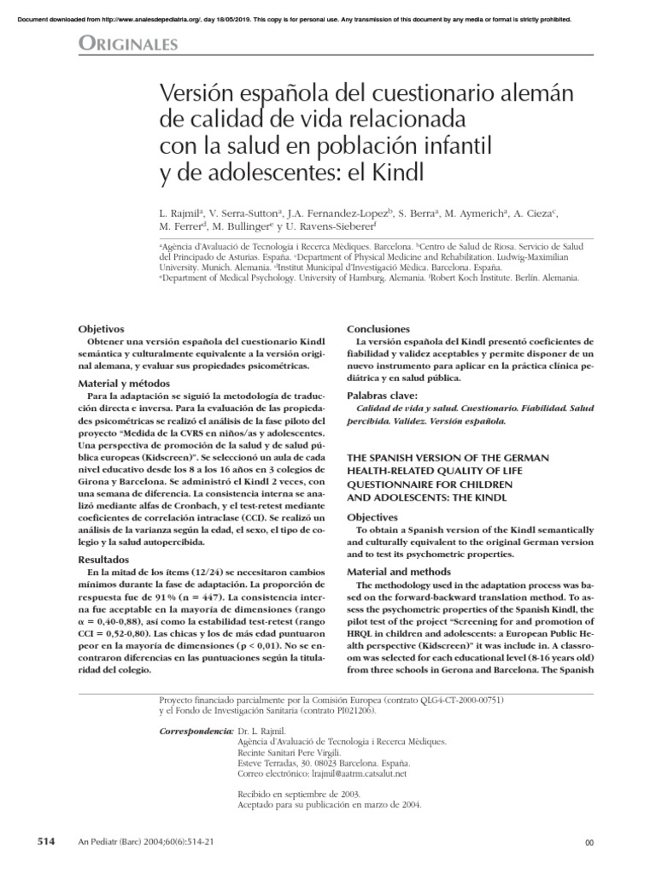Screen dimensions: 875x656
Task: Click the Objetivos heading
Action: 101,329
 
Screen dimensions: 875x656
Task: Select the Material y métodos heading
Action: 125,383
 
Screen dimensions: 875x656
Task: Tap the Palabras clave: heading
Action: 382,396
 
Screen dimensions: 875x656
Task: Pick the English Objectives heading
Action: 372,518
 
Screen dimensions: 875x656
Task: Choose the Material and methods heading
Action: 398,572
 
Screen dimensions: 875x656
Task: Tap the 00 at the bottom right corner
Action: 588,843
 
